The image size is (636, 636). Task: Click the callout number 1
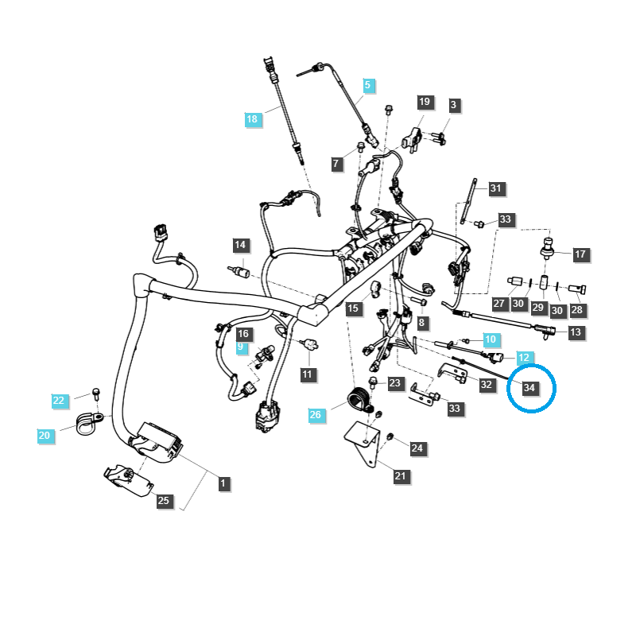pyautogui.click(x=223, y=483)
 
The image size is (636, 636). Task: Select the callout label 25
pyautogui.click(x=163, y=501)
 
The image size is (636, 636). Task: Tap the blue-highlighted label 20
pyautogui.click(x=45, y=435)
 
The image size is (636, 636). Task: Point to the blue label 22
pyautogui.click(x=59, y=400)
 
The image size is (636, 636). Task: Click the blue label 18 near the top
pyautogui.click(x=252, y=119)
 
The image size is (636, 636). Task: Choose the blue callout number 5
pyautogui.click(x=367, y=84)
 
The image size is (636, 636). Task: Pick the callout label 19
pyautogui.click(x=425, y=102)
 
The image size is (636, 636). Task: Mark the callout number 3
pyautogui.click(x=454, y=104)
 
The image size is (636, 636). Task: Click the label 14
pyautogui.click(x=240, y=244)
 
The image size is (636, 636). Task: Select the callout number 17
pyautogui.click(x=580, y=254)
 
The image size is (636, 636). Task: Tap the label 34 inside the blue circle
pyautogui.click(x=529, y=387)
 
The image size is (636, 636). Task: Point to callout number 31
pyautogui.click(x=496, y=188)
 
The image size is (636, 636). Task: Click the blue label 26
pyautogui.click(x=316, y=414)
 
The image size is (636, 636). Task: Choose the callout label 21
pyautogui.click(x=401, y=476)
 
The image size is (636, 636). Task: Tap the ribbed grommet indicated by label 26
pyautogui.click(x=360, y=398)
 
